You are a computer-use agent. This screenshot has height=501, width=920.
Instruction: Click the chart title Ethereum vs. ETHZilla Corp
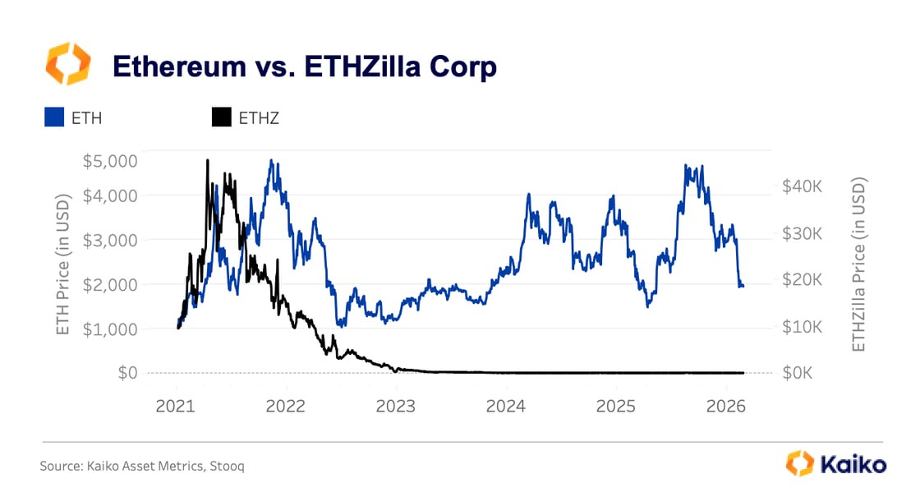click(x=304, y=67)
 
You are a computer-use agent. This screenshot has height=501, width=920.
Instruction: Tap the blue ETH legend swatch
click(x=54, y=117)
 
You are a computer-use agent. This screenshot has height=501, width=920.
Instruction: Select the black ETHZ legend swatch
click(x=221, y=117)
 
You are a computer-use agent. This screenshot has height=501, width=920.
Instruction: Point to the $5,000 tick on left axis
click(x=109, y=160)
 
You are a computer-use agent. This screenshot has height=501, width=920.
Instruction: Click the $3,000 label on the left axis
click(x=109, y=240)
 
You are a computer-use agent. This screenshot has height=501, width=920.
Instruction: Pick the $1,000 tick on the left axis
click(x=109, y=329)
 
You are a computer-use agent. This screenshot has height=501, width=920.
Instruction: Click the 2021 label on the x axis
click(x=177, y=406)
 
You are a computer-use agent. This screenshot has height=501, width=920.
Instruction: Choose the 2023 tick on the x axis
click(x=396, y=406)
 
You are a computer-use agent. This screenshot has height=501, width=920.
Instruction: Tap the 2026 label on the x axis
click(x=725, y=406)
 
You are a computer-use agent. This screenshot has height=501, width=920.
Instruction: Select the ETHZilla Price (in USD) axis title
click(x=859, y=264)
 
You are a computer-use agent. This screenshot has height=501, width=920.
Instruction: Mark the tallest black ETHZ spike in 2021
click(x=207, y=160)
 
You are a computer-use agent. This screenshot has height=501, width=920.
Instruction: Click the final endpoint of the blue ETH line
click(x=743, y=286)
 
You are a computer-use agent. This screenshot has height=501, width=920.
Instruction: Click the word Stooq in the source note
click(x=228, y=466)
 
